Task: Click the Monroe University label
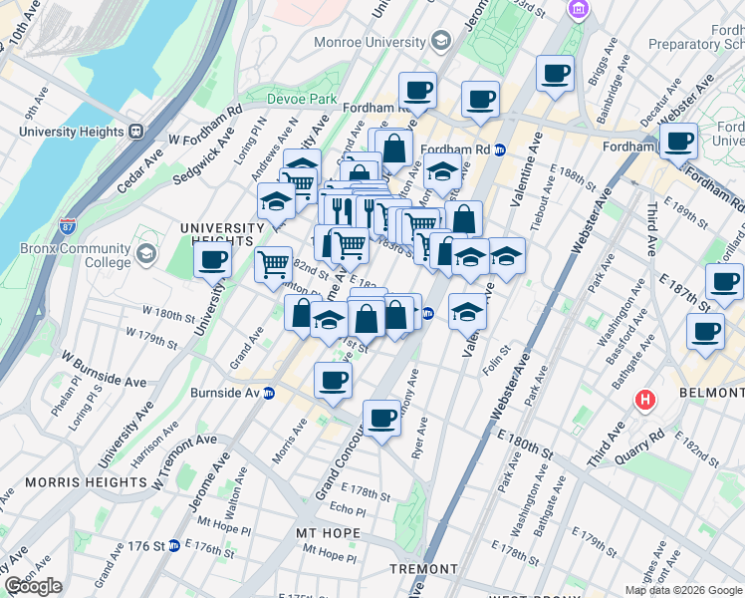371,42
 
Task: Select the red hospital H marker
645,401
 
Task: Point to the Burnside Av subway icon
269,393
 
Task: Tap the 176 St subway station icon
173,546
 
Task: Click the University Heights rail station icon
134,131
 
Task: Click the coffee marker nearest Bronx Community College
212,261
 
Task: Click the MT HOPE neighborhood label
327,533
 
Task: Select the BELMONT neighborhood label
711,394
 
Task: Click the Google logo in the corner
33,586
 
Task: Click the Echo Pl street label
348,509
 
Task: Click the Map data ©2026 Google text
683,590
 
